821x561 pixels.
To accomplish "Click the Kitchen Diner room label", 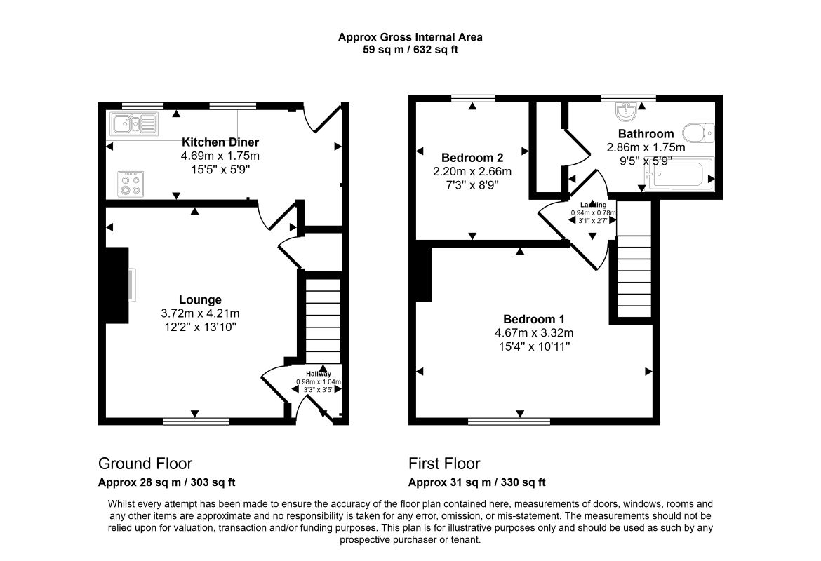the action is (220, 142).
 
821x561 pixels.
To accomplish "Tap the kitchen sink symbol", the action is (134, 124).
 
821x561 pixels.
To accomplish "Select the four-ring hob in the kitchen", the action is (131, 184).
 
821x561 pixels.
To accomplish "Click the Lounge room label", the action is (200, 300).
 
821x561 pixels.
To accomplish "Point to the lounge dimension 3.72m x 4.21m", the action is (200, 313).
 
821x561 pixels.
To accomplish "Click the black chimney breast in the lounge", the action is (117, 285).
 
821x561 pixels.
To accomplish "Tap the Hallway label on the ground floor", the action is (319, 374).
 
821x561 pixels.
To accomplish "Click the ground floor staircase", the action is (323, 320).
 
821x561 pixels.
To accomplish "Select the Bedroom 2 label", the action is (472, 158).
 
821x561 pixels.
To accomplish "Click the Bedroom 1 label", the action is (533, 319).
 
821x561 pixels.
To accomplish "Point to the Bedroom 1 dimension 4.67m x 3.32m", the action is (533, 333).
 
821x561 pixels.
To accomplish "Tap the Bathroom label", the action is (646, 133).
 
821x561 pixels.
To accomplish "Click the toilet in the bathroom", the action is (698, 133).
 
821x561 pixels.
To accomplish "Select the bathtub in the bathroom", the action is (679, 175).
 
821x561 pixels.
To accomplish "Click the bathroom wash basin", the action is (626, 111).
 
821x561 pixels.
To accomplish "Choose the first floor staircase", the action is (634, 276).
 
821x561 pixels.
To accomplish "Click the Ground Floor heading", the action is (145, 464).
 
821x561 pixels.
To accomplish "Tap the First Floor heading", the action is (444, 464).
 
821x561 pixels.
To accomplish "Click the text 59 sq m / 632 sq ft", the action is (410, 50).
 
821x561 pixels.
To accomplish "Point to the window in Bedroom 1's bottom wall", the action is (509, 421).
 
